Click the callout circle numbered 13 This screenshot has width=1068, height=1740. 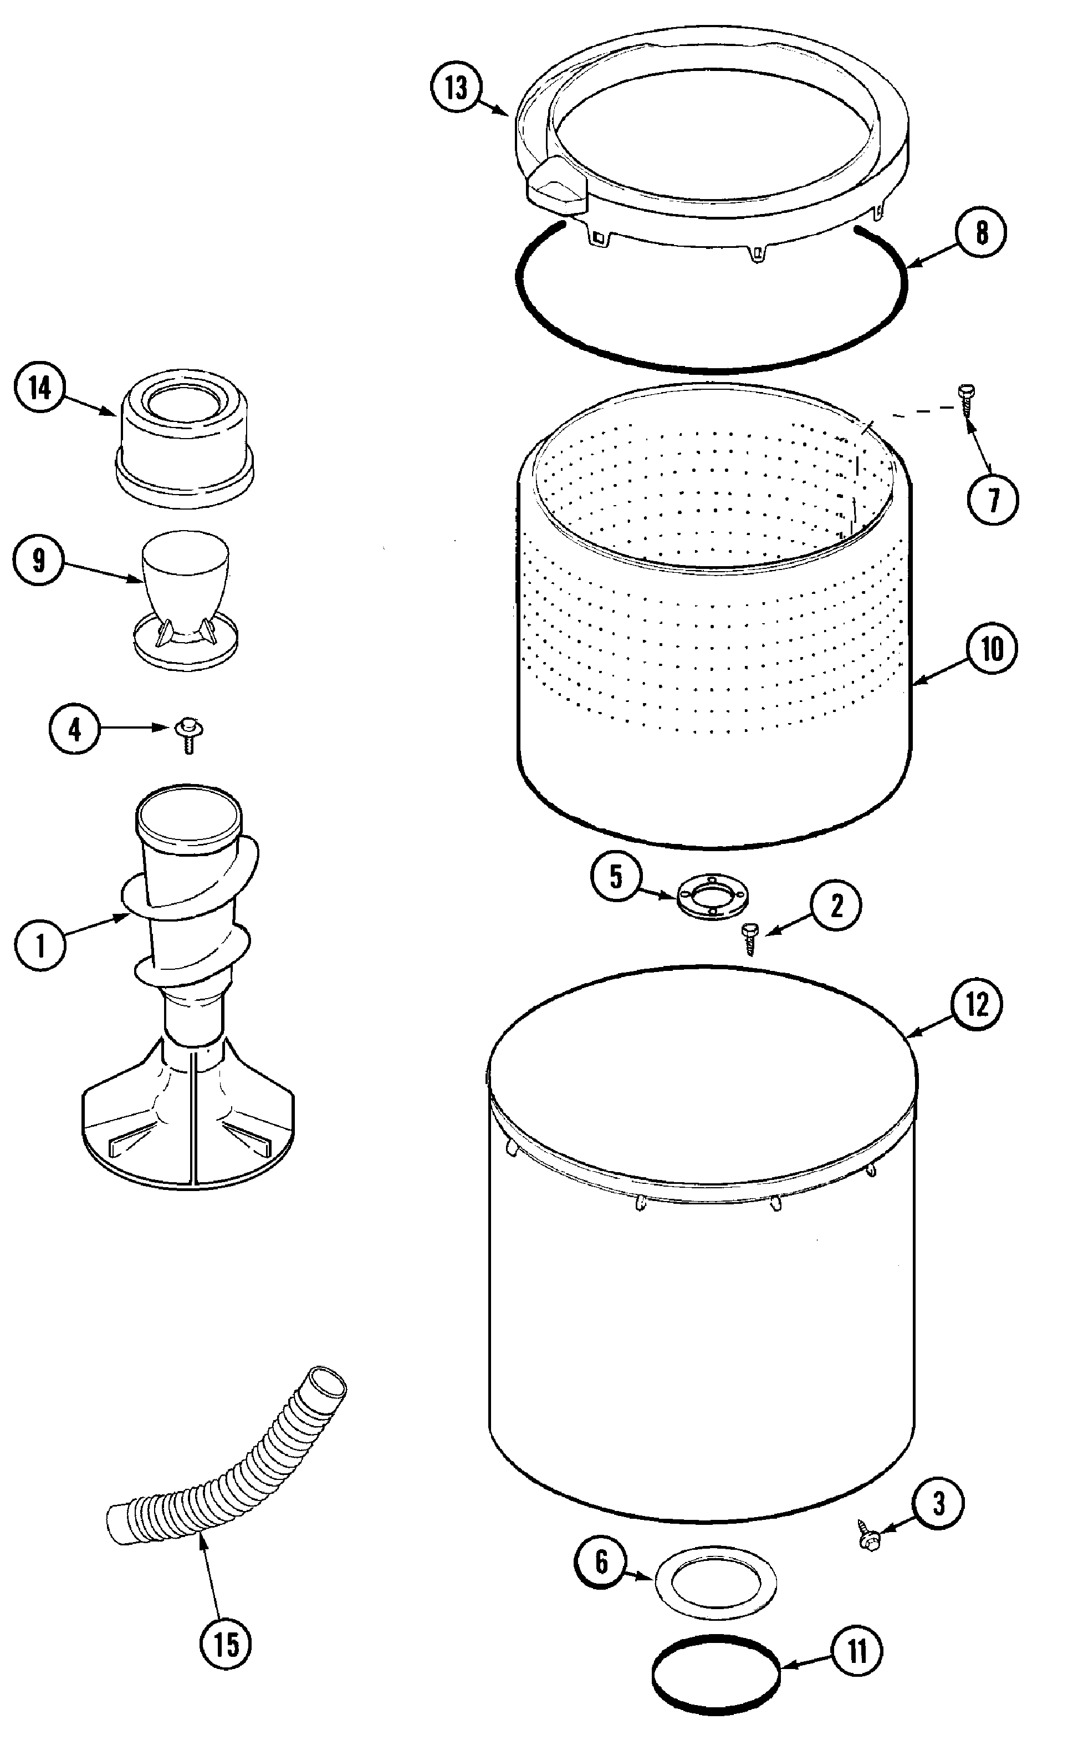click(456, 88)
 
